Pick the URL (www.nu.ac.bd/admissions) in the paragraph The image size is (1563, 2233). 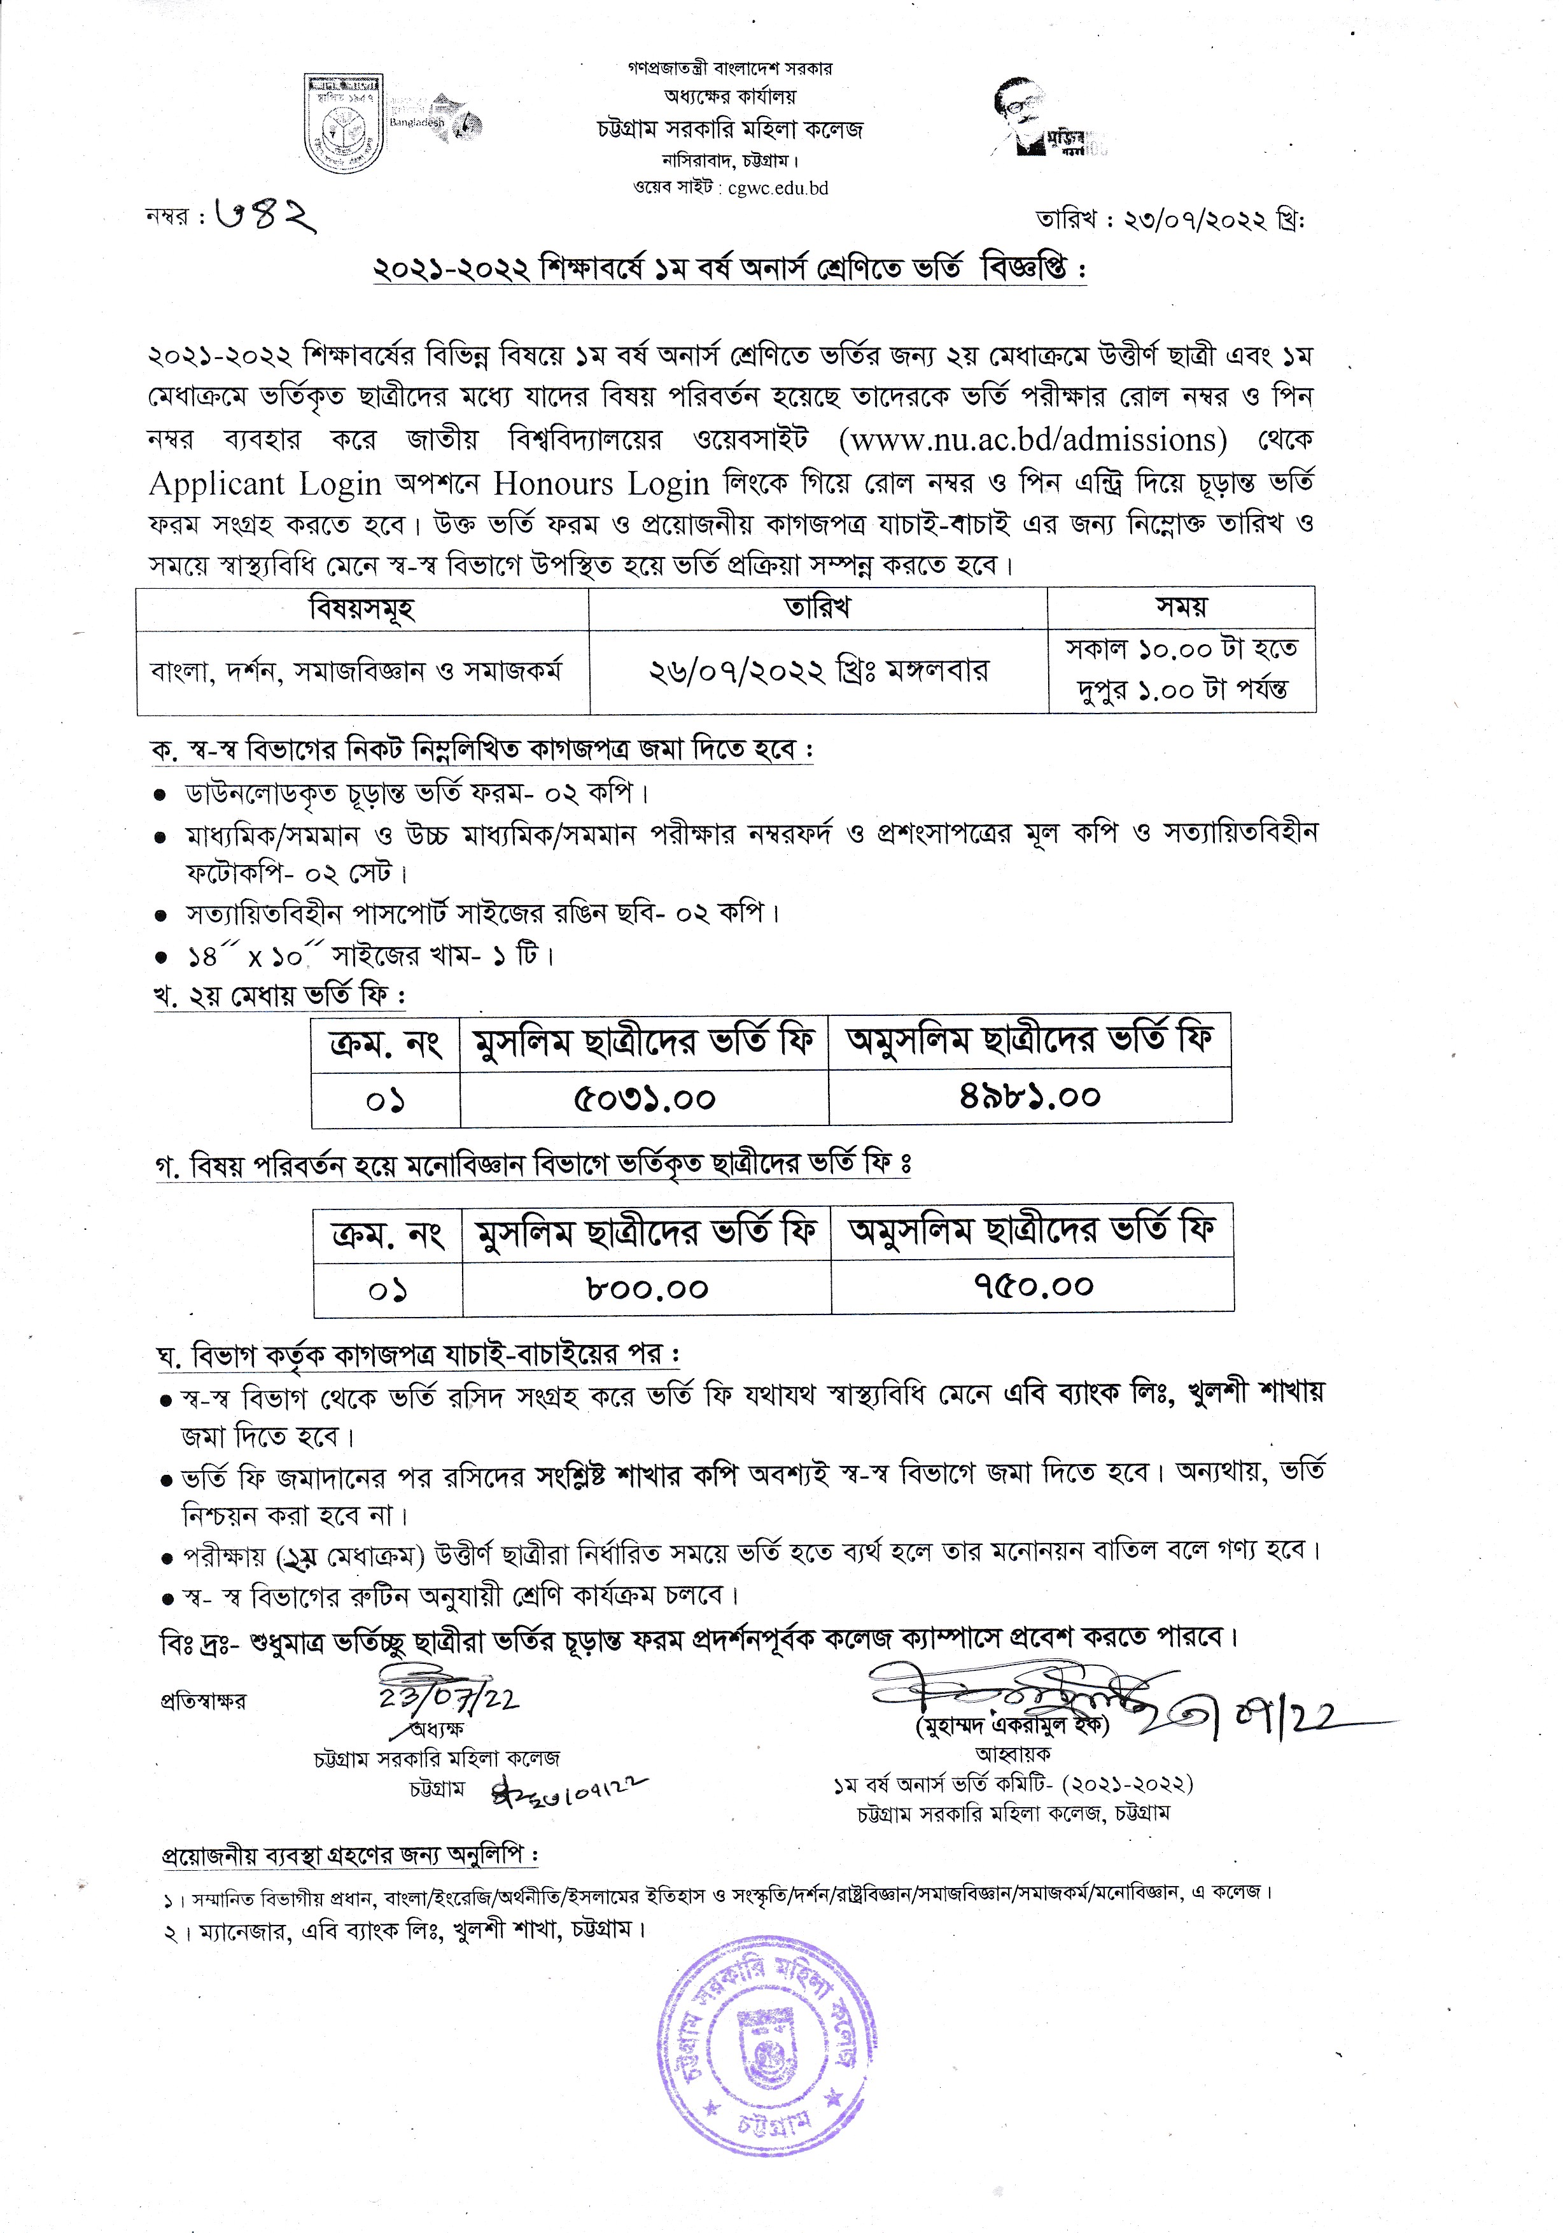(x=1032, y=440)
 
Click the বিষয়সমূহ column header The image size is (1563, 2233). (x=362, y=609)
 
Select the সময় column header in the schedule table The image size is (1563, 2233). (x=1181, y=607)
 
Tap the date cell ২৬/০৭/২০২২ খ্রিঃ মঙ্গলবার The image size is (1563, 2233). (x=818, y=671)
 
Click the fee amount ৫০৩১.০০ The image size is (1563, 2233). (x=644, y=1099)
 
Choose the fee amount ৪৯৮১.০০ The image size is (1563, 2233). (x=1029, y=1097)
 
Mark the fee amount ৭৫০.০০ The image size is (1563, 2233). (x=1033, y=1286)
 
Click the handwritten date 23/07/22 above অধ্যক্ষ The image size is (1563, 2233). (x=449, y=1697)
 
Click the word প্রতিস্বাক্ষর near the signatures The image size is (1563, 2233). (x=203, y=1701)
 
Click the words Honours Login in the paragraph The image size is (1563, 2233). (x=601, y=483)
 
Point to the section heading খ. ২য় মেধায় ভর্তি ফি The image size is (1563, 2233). (x=279, y=996)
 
